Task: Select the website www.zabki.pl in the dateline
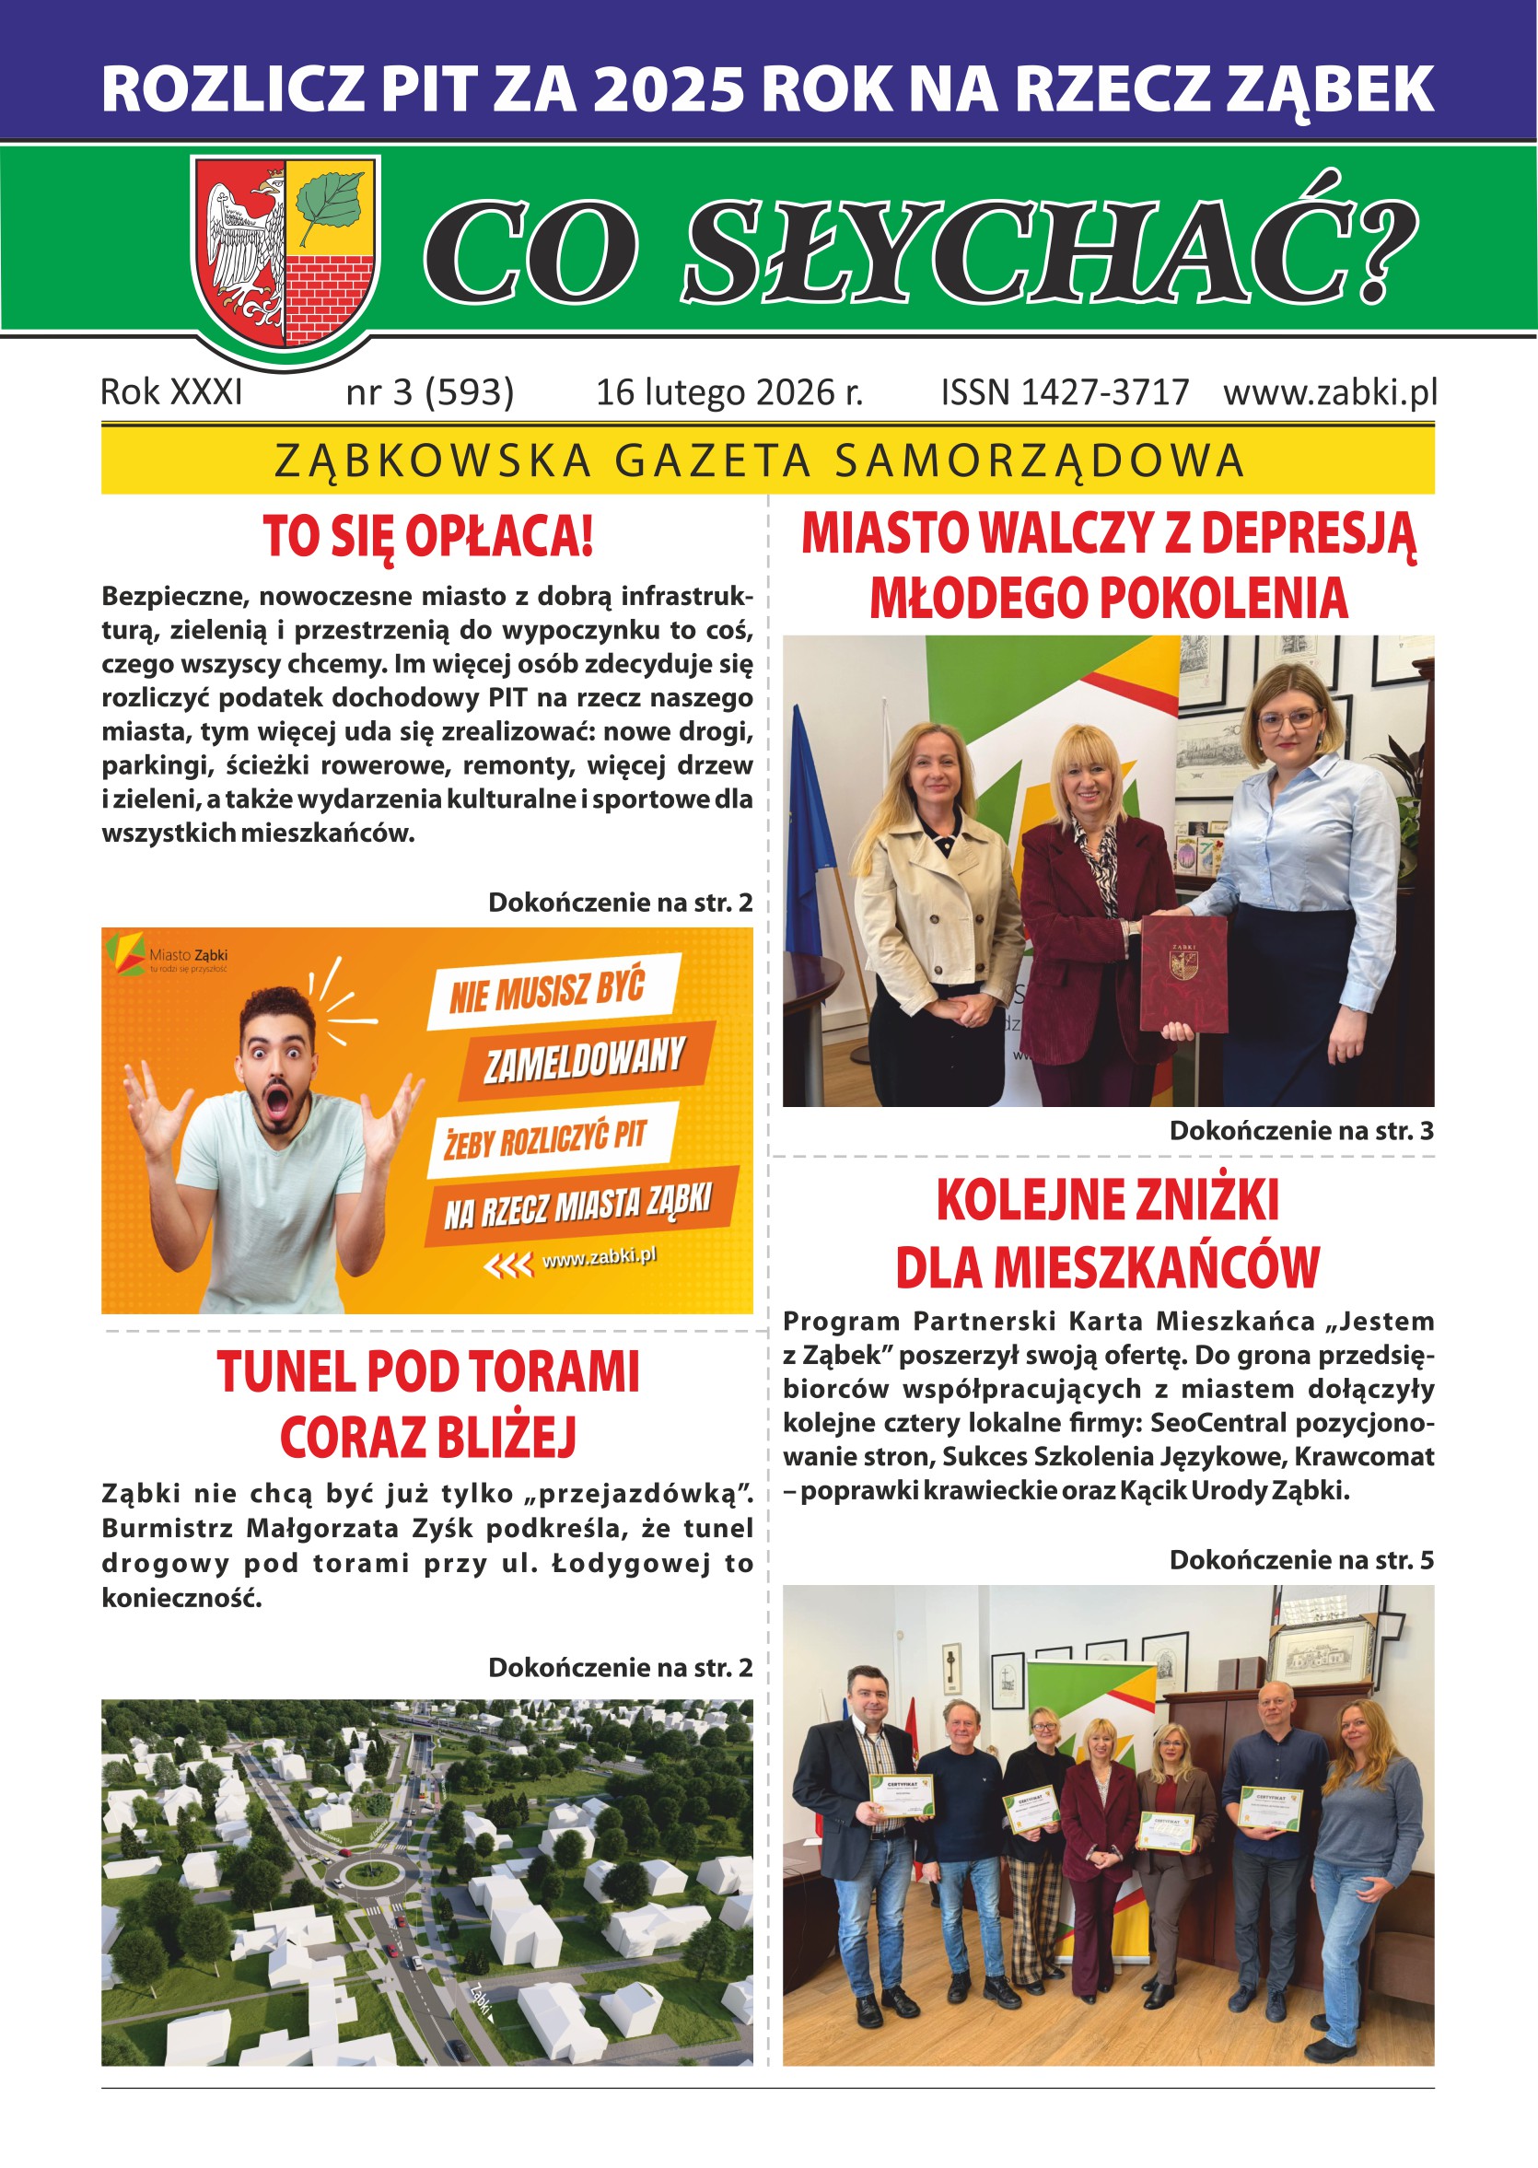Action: [1330, 392]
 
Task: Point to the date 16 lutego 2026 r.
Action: [729, 392]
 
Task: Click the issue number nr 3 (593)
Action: [430, 392]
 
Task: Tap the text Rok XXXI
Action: [171, 392]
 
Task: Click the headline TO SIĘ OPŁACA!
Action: [428, 536]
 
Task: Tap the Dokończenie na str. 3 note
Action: [1301, 1130]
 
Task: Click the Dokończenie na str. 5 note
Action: [1301, 1560]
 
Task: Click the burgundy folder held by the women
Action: [1183, 973]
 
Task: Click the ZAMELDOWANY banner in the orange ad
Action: [584, 1061]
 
